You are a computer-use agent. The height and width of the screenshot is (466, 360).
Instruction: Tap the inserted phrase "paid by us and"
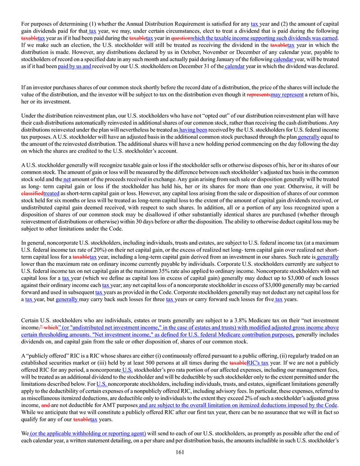pos(75,66)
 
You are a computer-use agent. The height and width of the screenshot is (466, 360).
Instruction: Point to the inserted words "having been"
pos(193,130)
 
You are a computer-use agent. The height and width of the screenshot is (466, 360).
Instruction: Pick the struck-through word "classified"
pos(32,193)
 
